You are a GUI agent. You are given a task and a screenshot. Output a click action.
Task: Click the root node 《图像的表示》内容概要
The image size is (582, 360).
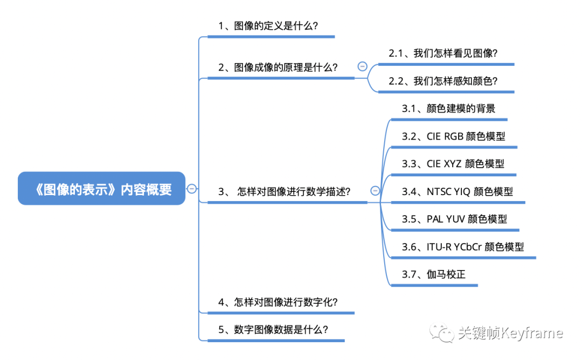pyautogui.click(x=101, y=189)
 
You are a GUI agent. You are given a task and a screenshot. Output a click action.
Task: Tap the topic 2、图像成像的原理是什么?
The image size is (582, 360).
pyautogui.click(x=278, y=67)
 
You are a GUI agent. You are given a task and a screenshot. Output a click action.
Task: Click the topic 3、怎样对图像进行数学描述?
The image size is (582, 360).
pyautogui.click(x=285, y=191)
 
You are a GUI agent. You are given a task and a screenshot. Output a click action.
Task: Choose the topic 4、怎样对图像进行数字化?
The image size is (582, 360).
pyautogui.click(x=278, y=302)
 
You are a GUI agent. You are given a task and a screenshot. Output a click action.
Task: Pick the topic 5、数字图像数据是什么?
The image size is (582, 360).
pyautogui.click(x=273, y=330)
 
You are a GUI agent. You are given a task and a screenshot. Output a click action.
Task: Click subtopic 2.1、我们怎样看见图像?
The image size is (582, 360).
pyautogui.click(x=443, y=53)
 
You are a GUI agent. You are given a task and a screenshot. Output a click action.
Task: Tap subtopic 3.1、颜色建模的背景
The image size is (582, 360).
pyautogui.click(x=448, y=108)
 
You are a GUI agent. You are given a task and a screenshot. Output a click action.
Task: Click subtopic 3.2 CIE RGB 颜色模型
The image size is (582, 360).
pyautogui.click(x=454, y=136)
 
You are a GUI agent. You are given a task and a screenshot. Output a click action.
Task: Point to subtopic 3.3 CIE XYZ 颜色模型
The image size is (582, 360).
pyautogui.click(x=453, y=164)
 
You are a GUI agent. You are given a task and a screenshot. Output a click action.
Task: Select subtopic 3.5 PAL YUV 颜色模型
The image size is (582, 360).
pyautogui.click(x=454, y=219)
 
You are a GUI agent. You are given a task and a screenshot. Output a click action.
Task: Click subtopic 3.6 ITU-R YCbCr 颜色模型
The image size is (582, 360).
pyautogui.click(x=463, y=247)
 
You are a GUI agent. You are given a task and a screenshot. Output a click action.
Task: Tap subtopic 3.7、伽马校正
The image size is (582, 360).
pyautogui.click(x=433, y=274)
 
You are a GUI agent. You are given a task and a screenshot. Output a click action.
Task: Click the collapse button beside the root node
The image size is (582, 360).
pyautogui.click(x=192, y=189)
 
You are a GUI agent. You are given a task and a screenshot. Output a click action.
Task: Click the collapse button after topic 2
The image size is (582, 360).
pyautogui.click(x=362, y=66)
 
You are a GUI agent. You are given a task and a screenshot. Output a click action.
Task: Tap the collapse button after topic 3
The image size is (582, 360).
pyautogui.click(x=375, y=191)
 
